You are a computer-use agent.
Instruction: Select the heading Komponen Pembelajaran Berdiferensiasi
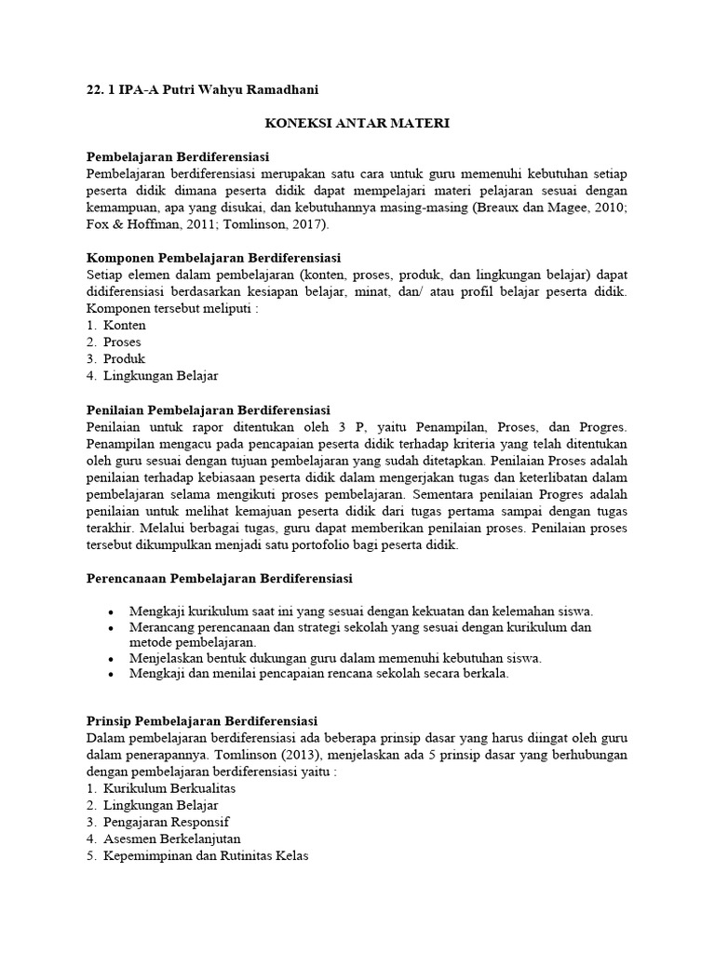[213, 256]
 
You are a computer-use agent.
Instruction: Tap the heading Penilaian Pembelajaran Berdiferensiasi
[208, 409]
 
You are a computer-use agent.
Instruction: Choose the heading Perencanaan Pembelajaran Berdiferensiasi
[219, 578]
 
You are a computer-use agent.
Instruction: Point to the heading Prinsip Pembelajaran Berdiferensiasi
[202, 721]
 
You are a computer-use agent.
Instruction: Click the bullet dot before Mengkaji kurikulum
[111, 611]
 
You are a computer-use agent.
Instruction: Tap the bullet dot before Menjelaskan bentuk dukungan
[111, 658]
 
